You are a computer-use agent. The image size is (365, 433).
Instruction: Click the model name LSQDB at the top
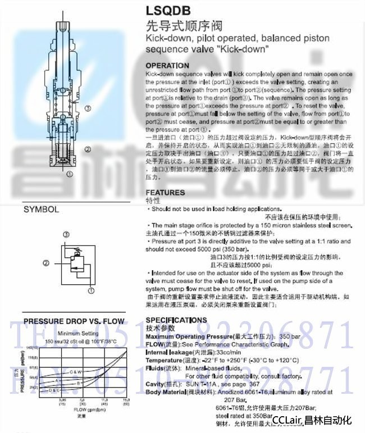click(x=167, y=10)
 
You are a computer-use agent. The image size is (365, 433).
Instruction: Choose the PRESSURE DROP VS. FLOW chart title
click(x=74, y=321)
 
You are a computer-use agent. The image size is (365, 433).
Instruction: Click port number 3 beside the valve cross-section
click(x=88, y=108)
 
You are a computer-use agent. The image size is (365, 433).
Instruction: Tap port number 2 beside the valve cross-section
click(x=88, y=149)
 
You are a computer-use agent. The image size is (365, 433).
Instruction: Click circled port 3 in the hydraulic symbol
click(x=66, y=234)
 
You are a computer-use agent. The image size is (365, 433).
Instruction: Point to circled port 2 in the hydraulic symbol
click(x=46, y=262)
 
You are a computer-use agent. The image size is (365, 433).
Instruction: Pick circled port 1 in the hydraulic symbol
click(x=91, y=291)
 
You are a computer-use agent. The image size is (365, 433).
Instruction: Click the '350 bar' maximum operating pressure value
click(x=290, y=335)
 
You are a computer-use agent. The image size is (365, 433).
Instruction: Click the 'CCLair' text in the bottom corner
click(x=288, y=420)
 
